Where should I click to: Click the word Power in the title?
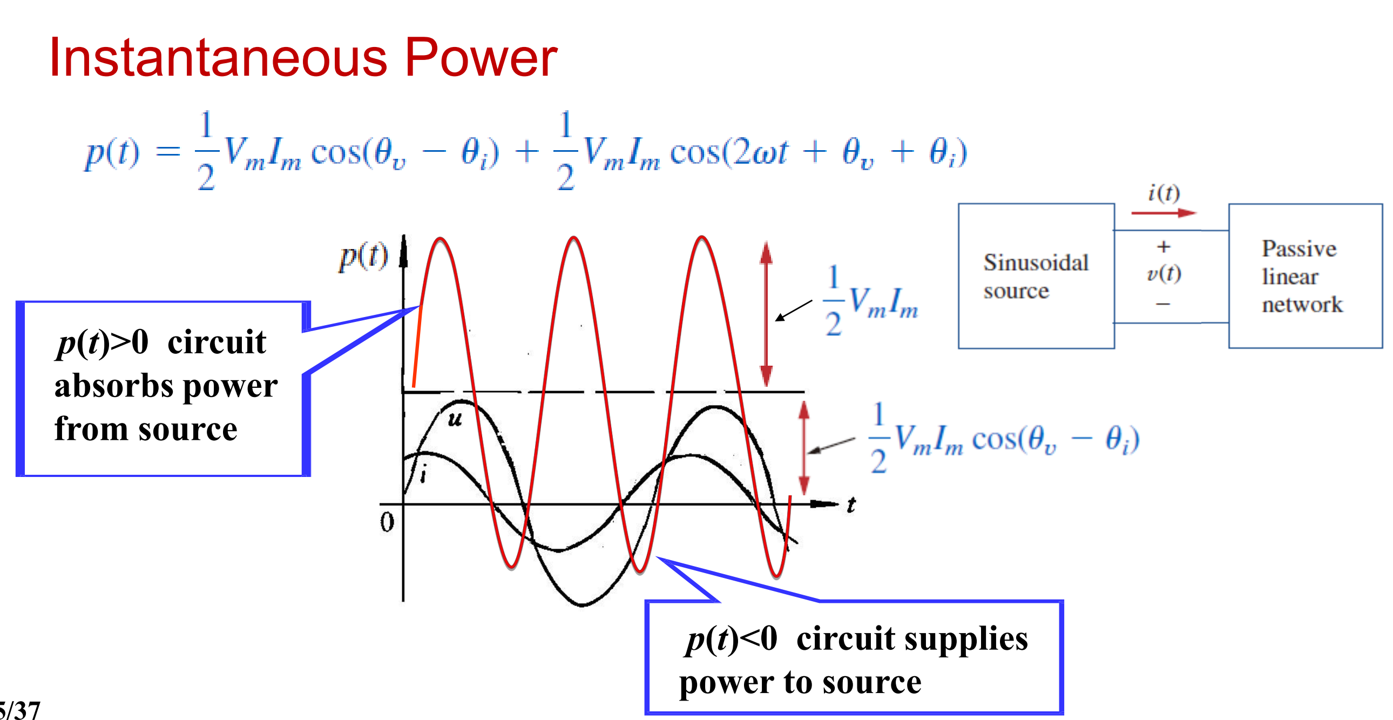(x=481, y=58)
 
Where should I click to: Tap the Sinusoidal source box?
(x=1036, y=276)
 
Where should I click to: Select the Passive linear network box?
(x=1304, y=276)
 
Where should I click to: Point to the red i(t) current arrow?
(x=1162, y=213)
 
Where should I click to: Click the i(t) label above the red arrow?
(x=1164, y=193)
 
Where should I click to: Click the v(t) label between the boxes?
(x=1164, y=273)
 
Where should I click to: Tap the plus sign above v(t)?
(x=1164, y=247)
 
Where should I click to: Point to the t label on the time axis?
(x=851, y=504)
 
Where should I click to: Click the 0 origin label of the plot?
(x=387, y=522)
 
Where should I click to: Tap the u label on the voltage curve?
(x=455, y=419)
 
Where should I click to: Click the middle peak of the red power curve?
(x=574, y=239)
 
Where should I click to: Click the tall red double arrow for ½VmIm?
(x=766, y=314)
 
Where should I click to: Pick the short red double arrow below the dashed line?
(x=804, y=448)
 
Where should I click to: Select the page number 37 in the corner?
(x=27, y=710)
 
